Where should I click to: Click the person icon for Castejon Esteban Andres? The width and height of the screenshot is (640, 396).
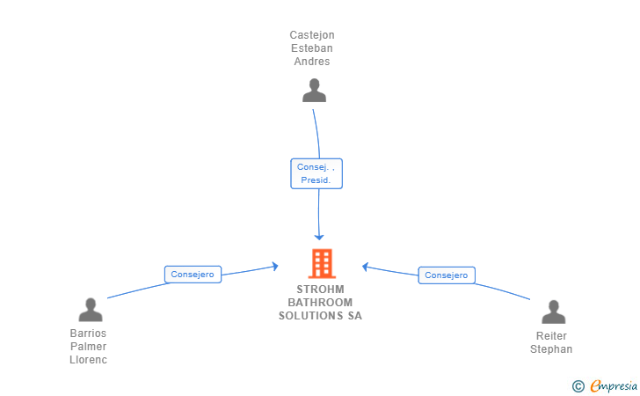point(314,90)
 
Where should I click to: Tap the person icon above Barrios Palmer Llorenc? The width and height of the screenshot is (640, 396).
point(91,310)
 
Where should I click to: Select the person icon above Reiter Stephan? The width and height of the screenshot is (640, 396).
point(553,312)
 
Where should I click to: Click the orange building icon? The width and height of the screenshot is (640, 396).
point(321,263)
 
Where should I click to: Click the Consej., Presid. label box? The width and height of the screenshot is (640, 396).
point(316,173)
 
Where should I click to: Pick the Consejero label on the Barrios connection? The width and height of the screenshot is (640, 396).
point(193,275)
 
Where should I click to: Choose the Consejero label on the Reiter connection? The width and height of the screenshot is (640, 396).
point(447,275)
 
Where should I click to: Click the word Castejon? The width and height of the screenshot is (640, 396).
point(312,35)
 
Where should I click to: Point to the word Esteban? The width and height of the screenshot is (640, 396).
point(312,48)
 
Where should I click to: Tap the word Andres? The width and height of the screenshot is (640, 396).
point(312,62)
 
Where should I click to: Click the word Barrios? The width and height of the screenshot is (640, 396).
point(88,334)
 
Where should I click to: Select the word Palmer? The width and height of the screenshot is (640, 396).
point(88,347)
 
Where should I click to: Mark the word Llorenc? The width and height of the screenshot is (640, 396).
point(88,360)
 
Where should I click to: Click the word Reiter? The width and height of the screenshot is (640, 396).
point(551,336)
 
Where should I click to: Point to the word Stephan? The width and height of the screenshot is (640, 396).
point(551,349)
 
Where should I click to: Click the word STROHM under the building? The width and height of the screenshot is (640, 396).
point(320,290)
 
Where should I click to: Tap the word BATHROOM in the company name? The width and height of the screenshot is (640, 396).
point(320,303)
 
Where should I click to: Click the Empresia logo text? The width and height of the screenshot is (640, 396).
point(614,385)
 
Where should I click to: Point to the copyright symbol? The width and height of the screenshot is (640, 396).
point(578,385)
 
